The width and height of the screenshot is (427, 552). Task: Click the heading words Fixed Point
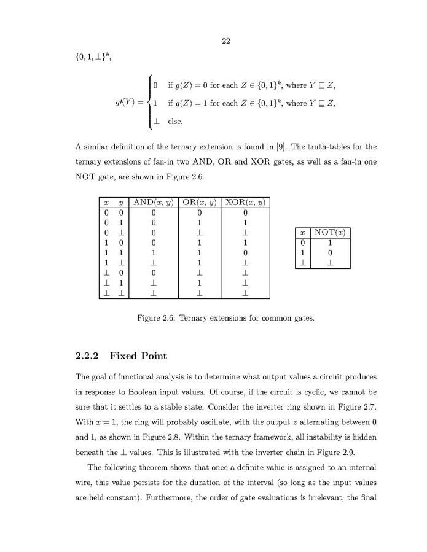pyautogui.click(x=138, y=356)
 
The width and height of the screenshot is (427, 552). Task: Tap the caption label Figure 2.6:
pyautogui.click(x=157, y=318)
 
